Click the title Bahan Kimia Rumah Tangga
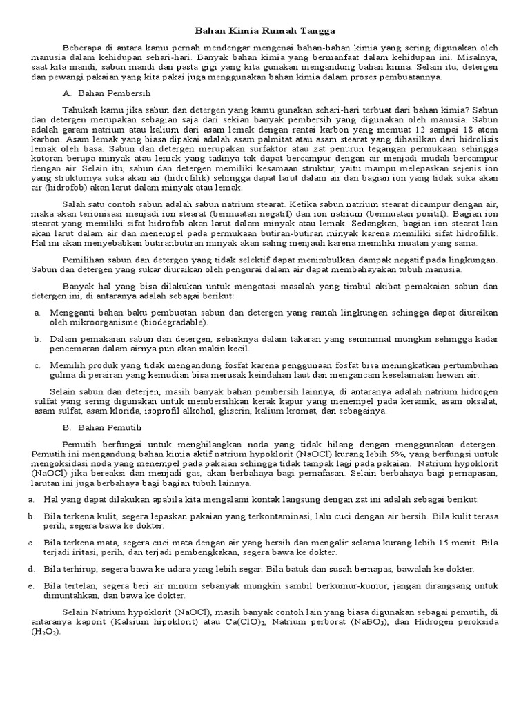click(265, 31)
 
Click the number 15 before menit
click(431, 543)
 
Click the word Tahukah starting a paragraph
click(79, 109)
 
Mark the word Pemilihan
click(84, 259)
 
